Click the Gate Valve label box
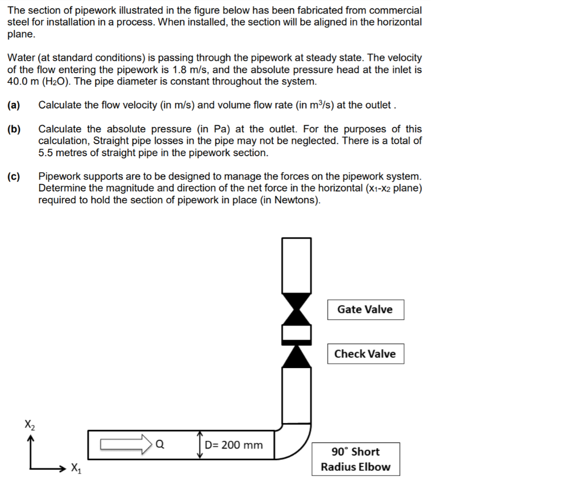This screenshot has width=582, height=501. point(365,310)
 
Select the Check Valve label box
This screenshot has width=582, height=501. point(365,354)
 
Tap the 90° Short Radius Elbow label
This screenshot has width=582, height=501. point(355,459)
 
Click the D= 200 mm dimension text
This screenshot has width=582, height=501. point(234,445)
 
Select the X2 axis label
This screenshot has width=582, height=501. point(30,424)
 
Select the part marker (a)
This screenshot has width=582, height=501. point(14,105)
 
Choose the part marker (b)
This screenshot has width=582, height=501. point(14,129)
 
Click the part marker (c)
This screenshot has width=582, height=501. point(14,177)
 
